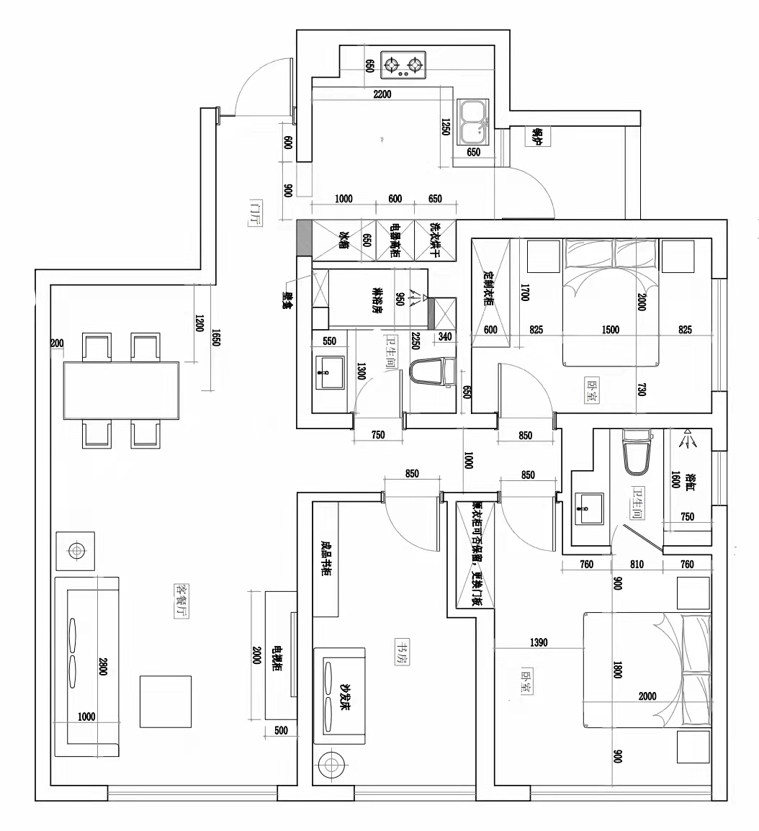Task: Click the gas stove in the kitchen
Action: click(403, 66)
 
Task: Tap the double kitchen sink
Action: click(472, 120)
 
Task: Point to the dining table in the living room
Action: click(121, 389)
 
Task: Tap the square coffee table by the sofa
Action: click(166, 701)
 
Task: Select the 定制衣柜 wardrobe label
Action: click(487, 287)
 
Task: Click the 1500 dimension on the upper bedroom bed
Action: click(610, 330)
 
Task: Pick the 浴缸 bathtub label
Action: click(690, 481)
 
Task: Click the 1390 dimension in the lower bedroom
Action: click(539, 642)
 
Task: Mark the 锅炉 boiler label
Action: click(536, 137)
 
